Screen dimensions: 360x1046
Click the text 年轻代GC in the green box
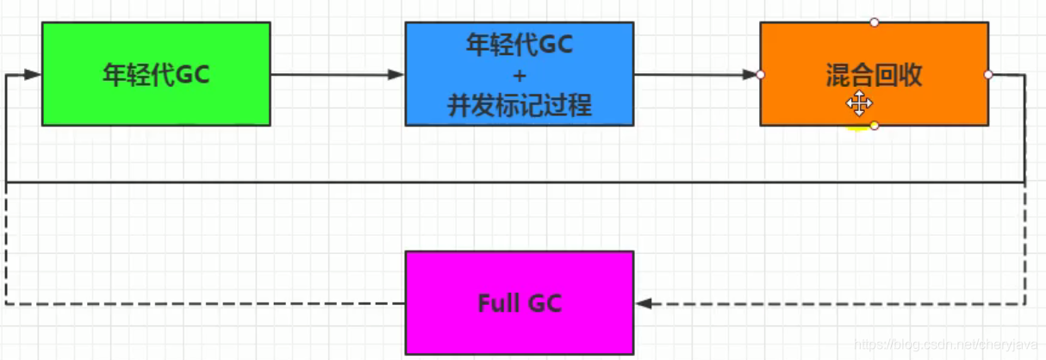156,75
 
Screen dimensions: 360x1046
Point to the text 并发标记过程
520,106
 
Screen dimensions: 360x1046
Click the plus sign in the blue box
520,75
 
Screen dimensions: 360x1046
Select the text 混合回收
874,76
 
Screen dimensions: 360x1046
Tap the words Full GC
520,303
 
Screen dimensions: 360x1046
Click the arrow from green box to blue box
336,75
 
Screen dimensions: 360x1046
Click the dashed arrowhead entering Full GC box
643,303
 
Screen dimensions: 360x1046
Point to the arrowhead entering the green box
34,75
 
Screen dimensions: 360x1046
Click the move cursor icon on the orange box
859,104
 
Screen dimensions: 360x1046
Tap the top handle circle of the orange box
875,22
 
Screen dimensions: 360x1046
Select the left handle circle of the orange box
760,75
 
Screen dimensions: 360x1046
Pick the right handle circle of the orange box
988,75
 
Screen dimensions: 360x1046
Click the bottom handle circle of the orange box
875,126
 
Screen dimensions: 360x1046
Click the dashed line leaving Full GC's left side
207,303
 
